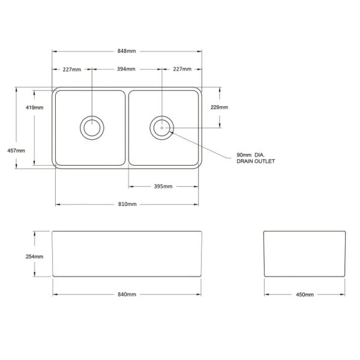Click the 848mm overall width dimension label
[127, 51]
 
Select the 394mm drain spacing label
[126, 69]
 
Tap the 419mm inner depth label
[34, 107]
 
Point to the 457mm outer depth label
[16, 151]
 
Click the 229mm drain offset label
[219, 107]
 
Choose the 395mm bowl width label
[163, 186]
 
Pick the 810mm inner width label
[127, 204]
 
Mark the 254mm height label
[34, 256]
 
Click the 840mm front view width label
[127, 295]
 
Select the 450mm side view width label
[305, 295]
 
